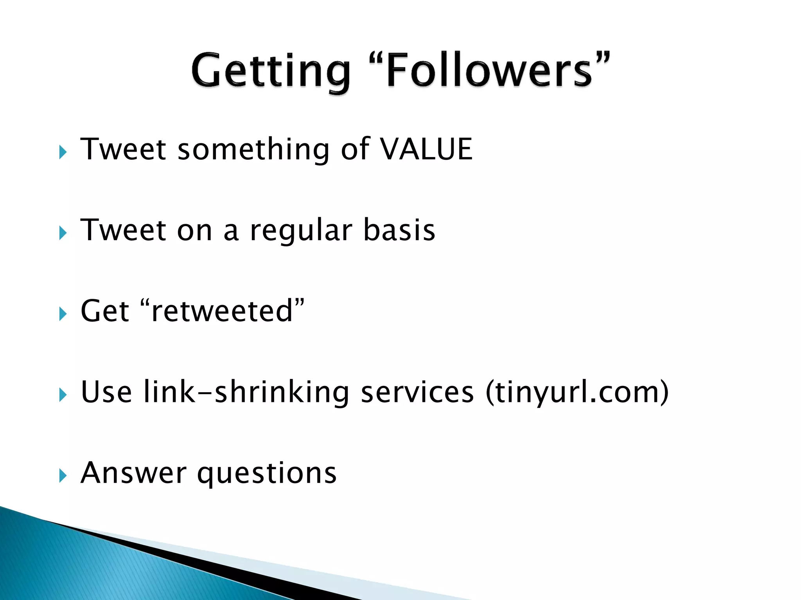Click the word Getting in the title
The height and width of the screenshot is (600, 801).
coord(271,71)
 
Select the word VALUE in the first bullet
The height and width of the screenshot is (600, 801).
coord(426,149)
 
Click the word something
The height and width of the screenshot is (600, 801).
coord(253,150)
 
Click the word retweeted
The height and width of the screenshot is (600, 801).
coord(222,311)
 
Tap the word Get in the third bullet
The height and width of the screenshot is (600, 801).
coord(104,311)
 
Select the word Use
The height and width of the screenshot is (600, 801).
coord(106,392)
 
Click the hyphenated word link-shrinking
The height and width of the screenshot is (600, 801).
coord(246,393)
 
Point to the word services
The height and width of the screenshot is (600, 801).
coord(417,392)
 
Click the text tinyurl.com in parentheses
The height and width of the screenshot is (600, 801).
coord(577,393)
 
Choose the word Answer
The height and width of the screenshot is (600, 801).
coord(133,473)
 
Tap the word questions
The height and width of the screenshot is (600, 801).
coord(267,473)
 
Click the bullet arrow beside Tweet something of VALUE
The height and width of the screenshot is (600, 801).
coord(63,152)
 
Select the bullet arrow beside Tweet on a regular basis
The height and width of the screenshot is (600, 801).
coord(63,233)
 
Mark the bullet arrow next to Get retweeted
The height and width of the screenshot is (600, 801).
coord(63,314)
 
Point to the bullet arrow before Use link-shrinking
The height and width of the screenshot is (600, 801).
coord(63,395)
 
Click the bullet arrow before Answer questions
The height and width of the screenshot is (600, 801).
coord(63,476)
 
